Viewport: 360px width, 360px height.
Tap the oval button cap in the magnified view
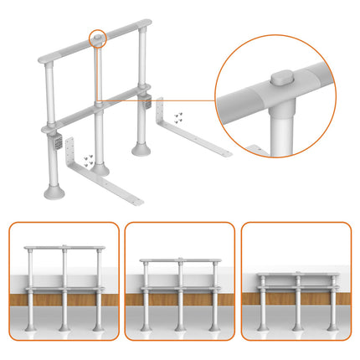(281, 78)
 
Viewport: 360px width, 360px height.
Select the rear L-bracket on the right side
(201, 134)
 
